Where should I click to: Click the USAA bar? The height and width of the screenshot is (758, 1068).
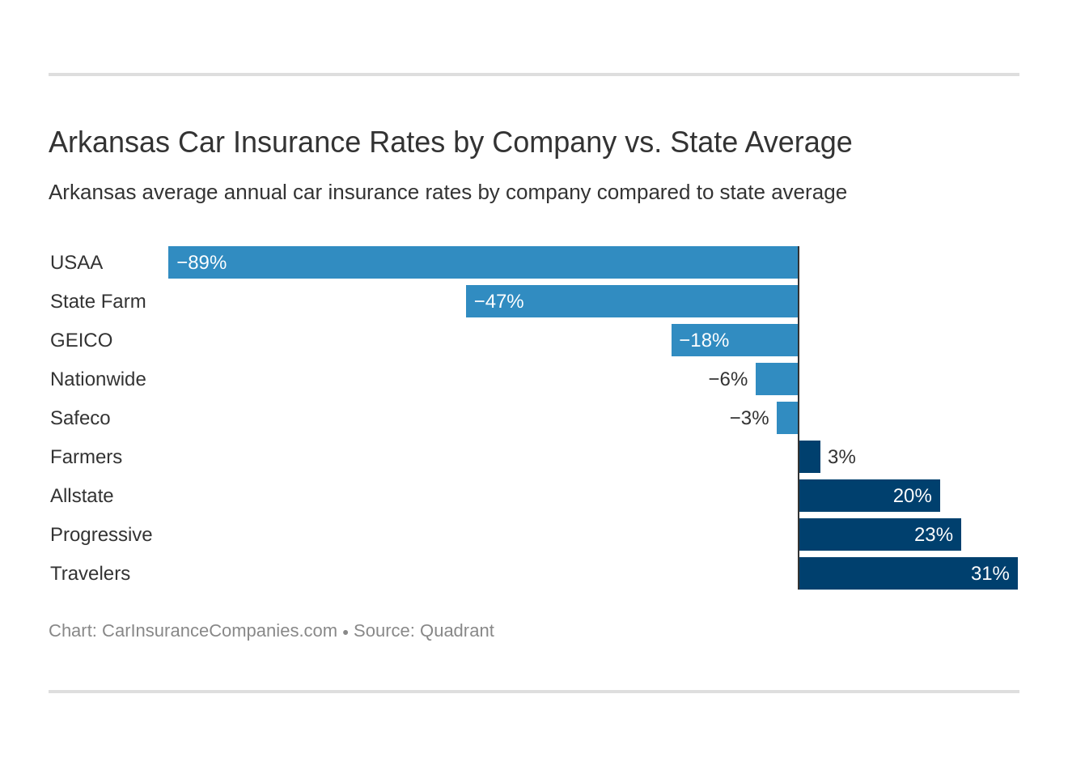pyautogui.click(x=483, y=262)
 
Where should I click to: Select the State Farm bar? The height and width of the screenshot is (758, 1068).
pyautogui.click(x=632, y=301)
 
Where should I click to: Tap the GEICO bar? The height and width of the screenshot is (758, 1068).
pyautogui.click(x=735, y=340)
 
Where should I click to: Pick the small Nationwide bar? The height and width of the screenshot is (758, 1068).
pyautogui.click(x=777, y=379)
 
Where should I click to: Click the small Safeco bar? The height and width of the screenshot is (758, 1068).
pyautogui.click(x=787, y=418)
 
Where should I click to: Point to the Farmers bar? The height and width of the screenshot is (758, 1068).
pyautogui.click(x=809, y=457)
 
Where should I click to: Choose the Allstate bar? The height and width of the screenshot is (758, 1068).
pyautogui.click(x=869, y=496)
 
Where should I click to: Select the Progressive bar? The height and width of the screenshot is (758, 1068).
pyautogui.click(x=879, y=534)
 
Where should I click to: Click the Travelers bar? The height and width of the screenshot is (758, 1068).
pyautogui.click(x=908, y=573)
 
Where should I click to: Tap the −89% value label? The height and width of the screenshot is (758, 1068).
pyautogui.click(x=201, y=262)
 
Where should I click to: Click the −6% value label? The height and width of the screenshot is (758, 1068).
pyautogui.click(x=727, y=379)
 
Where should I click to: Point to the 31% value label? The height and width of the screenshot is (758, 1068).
pyautogui.click(x=990, y=573)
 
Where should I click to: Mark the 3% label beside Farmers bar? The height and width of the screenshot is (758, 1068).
pyautogui.click(x=841, y=457)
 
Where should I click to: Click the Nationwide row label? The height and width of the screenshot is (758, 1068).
pyautogui.click(x=98, y=379)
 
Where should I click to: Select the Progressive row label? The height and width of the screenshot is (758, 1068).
pyautogui.click(x=101, y=534)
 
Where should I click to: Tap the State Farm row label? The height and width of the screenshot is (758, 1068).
pyautogui.click(x=98, y=301)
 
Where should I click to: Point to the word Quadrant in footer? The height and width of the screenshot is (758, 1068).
pyautogui.click(x=456, y=631)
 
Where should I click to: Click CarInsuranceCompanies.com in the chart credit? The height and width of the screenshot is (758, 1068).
pyautogui.click(x=219, y=631)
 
